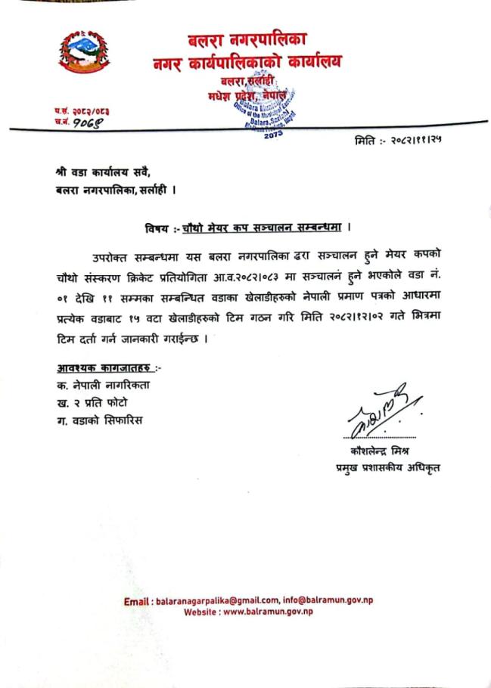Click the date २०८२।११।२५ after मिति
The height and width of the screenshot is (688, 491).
[x=415, y=141]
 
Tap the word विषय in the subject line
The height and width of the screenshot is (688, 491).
[x=159, y=228]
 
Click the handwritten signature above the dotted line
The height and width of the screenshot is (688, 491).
[x=378, y=412]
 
